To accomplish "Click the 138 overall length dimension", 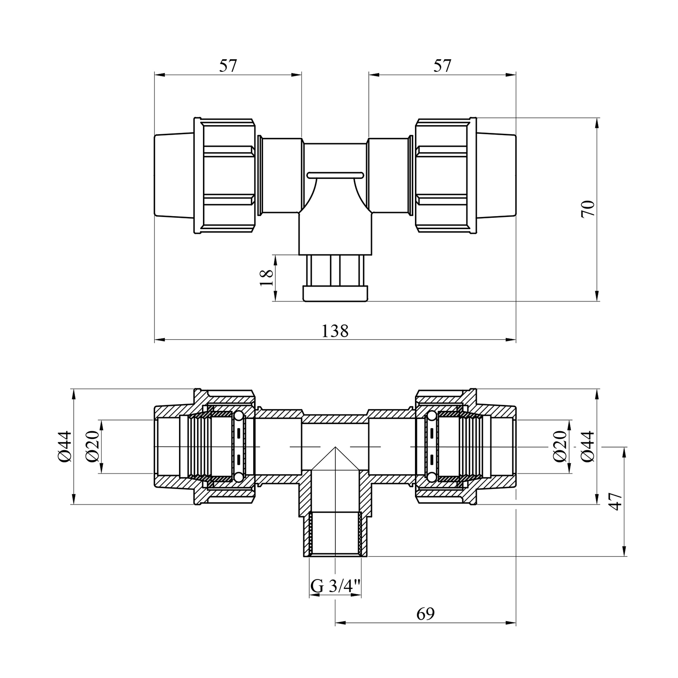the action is [x=335, y=331].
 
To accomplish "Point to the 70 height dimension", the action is [x=589, y=209].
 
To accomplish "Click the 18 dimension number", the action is [x=267, y=278].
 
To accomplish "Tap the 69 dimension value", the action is [x=425, y=613].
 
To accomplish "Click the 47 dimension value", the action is [x=615, y=501].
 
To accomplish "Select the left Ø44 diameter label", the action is [x=64, y=447].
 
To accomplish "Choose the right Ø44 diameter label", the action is [x=588, y=446].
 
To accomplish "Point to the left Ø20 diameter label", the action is [x=92, y=447].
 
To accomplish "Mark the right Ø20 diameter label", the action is [x=560, y=446].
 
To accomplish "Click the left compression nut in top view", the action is [x=225, y=176].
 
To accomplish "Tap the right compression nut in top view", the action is [x=446, y=176].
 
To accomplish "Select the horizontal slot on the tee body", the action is [x=335, y=174].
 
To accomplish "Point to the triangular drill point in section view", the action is [x=335, y=459].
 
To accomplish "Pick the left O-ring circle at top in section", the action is [x=239, y=416].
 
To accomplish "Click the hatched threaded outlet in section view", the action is [x=335, y=534].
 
